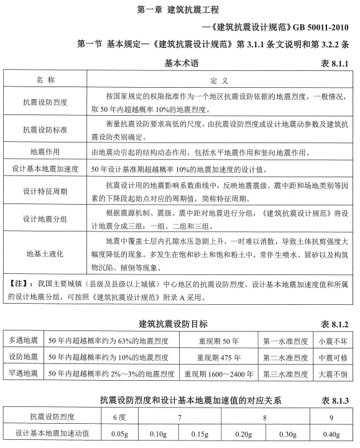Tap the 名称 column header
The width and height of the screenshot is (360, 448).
pyautogui.click(x=45, y=81)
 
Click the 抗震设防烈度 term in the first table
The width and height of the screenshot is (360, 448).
pyautogui.click(x=45, y=101)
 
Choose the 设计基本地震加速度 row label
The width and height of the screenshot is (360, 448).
pyautogui.click(x=45, y=168)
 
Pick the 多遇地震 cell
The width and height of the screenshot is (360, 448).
pyautogui.click(x=24, y=341)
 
